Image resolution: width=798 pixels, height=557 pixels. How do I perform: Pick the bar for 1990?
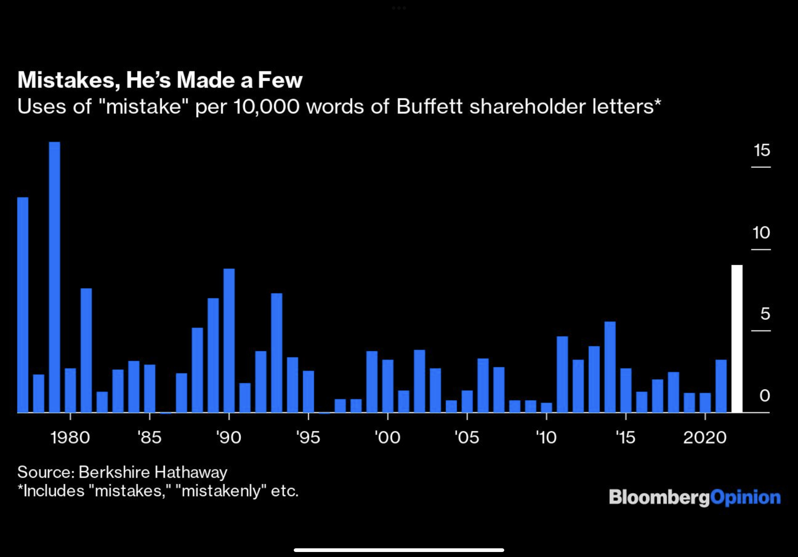[x=229, y=340]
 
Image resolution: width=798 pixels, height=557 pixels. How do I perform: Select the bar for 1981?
[x=86, y=350]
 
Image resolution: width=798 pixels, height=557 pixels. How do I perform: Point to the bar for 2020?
[x=705, y=402]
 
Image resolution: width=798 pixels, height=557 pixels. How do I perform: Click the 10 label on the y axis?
[x=761, y=233]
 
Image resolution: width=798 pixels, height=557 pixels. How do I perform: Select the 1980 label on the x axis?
[x=70, y=437]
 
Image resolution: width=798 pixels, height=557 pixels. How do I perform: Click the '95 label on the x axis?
[x=308, y=437]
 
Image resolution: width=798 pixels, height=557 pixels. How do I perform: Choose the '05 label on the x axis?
[x=467, y=437]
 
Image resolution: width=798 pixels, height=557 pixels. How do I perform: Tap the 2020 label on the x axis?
[x=705, y=437]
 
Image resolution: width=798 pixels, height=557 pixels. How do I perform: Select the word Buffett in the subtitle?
[x=429, y=106]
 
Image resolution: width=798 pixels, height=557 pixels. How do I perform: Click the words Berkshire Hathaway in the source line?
[x=153, y=472]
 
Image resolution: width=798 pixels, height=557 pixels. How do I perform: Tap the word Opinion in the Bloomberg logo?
[x=746, y=498]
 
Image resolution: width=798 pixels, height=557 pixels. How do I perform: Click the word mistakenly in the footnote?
[x=221, y=491]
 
